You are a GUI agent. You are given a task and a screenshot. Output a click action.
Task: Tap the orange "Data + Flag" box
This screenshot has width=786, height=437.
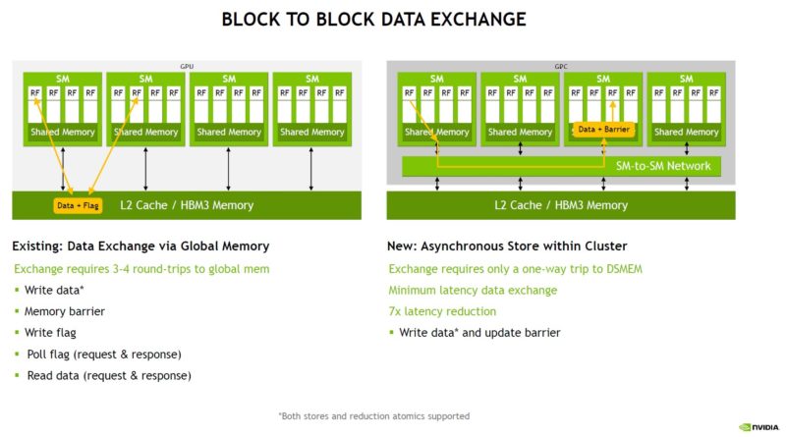(x=79, y=205)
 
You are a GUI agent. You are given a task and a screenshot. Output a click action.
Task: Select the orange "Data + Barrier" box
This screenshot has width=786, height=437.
(x=603, y=129)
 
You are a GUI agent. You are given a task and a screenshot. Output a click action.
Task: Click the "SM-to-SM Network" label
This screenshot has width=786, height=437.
(x=662, y=166)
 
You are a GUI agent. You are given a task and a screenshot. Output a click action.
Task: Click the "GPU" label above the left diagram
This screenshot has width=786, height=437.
(x=187, y=66)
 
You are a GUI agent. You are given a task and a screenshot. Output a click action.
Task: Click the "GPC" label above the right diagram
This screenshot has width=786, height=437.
(x=561, y=66)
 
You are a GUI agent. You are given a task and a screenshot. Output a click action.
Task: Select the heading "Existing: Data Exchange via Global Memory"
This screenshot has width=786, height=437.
(x=140, y=246)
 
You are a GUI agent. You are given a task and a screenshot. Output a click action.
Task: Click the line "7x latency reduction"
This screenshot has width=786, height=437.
(x=442, y=311)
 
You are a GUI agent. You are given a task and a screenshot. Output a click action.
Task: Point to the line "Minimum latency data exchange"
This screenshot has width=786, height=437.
(x=473, y=290)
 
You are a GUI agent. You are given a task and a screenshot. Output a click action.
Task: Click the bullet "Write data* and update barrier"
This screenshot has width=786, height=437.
(x=479, y=333)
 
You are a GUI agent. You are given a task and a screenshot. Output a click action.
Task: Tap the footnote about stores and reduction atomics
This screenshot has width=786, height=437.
(x=373, y=415)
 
